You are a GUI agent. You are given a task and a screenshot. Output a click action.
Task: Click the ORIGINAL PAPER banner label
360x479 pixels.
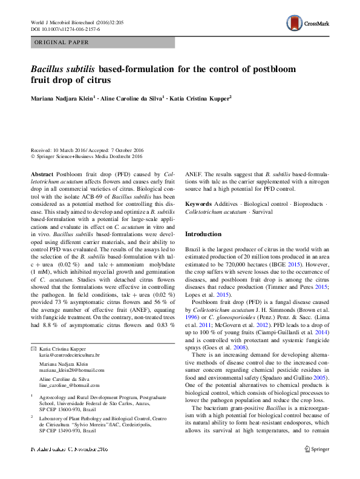(62, 42)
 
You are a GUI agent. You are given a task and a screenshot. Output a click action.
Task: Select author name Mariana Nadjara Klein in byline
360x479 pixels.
(65, 97)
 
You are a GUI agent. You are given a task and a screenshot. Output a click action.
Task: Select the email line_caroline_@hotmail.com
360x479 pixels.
(70, 385)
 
